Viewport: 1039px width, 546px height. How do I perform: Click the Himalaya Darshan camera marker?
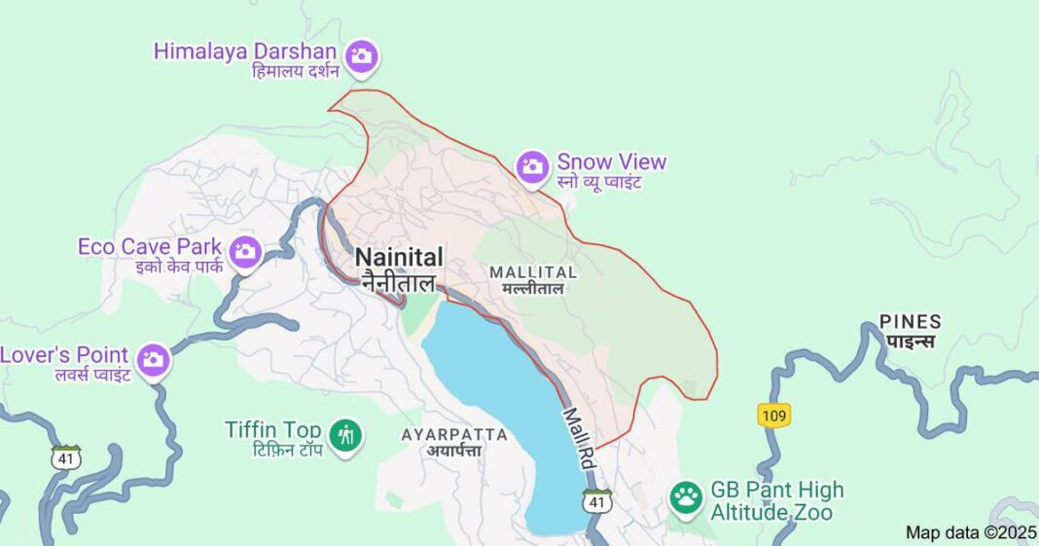tap(362, 55)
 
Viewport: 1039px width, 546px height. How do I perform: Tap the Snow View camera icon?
tap(532, 166)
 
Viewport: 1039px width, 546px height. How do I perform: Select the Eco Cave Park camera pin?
tap(245, 252)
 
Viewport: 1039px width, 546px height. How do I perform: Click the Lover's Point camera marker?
tap(153, 360)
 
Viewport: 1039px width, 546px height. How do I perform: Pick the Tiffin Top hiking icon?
tap(344, 434)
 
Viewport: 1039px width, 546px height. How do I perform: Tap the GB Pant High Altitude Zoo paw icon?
tap(686, 497)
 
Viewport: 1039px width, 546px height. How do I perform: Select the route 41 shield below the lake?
tap(596, 502)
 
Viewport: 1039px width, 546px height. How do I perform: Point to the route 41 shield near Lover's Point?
tap(66, 455)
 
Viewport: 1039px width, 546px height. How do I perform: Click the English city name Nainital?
tap(399, 257)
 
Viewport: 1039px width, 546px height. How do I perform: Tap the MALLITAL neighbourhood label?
tap(533, 272)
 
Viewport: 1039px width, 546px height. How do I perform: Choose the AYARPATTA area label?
tap(454, 434)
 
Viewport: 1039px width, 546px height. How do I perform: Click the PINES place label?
tap(910, 321)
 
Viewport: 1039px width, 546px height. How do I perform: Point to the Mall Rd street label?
tap(579, 439)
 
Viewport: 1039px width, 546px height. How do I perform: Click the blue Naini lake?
tap(496, 389)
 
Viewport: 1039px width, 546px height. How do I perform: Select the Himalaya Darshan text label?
tap(245, 51)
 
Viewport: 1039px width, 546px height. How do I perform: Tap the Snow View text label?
tap(611, 162)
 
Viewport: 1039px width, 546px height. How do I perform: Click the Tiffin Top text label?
tap(273, 429)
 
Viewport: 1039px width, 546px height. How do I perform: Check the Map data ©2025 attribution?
tap(971, 532)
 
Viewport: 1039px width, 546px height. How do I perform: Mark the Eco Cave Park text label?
tap(150, 246)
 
